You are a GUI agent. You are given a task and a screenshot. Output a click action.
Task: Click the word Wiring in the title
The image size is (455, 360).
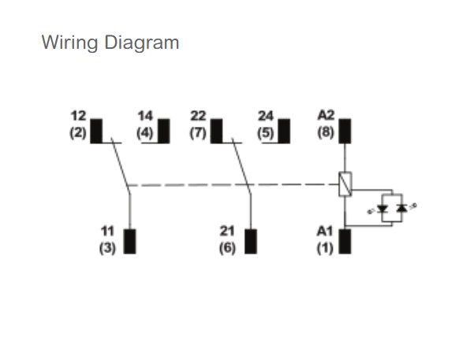click(69, 43)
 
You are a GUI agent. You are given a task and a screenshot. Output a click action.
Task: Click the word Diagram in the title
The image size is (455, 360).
click(142, 43)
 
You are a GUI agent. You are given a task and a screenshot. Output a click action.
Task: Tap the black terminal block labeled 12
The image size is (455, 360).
click(96, 131)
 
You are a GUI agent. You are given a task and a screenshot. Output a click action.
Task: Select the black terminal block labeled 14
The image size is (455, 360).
click(164, 131)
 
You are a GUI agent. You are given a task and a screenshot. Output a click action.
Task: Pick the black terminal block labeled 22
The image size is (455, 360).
click(217, 131)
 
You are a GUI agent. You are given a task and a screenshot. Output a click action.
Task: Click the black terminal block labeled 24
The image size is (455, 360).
click(284, 131)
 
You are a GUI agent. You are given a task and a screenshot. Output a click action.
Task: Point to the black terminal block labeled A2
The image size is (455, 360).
click(345, 131)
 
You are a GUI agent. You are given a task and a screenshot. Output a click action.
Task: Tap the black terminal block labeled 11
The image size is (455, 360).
click(129, 242)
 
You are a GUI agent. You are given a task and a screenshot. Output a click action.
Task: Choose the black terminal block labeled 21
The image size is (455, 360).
click(251, 242)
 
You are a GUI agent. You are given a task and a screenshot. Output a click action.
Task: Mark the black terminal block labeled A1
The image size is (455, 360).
click(345, 242)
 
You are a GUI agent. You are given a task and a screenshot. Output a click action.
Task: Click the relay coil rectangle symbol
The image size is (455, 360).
click(345, 184)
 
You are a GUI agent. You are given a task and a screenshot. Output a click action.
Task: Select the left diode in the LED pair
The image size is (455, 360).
click(382, 209)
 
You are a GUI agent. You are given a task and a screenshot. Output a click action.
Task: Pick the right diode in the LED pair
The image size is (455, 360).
click(402, 208)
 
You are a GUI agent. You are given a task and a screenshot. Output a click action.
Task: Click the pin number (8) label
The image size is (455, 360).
click(326, 132)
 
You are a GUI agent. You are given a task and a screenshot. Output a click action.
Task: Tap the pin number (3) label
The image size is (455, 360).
click(107, 248)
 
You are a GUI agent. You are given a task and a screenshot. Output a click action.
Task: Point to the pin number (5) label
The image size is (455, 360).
click(266, 133)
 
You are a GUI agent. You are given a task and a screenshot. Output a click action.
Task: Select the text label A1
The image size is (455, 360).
click(325, 232)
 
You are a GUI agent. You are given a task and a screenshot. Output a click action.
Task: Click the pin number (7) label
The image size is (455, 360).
click(198, 133)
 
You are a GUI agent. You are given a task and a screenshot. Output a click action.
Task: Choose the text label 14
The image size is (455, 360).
click(145, 117)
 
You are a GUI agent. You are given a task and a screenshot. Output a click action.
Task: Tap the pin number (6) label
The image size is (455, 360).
click(227, 248)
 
